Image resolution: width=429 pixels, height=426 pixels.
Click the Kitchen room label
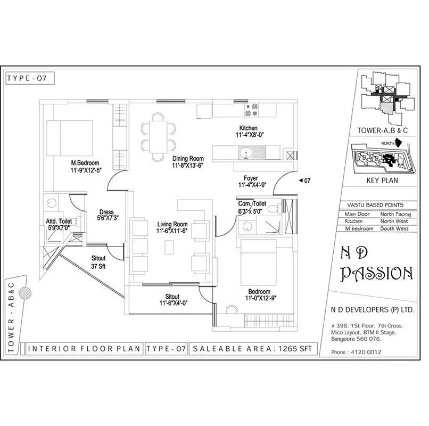(248, 128)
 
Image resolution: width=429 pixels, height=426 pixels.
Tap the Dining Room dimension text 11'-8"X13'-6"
(188, 166)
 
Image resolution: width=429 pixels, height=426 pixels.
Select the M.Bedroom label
(86, 163)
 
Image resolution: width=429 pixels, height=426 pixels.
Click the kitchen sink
(245, 153)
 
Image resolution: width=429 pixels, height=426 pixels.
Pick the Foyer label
(251, 178)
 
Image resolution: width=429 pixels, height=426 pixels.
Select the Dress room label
(106, 212)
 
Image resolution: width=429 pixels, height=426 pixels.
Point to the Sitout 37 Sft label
(98, 262)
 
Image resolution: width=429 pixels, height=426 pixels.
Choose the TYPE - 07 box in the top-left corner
(30, 78)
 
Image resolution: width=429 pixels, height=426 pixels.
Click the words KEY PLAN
(382, 181)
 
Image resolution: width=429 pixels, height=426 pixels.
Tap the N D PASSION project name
(376, 266)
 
